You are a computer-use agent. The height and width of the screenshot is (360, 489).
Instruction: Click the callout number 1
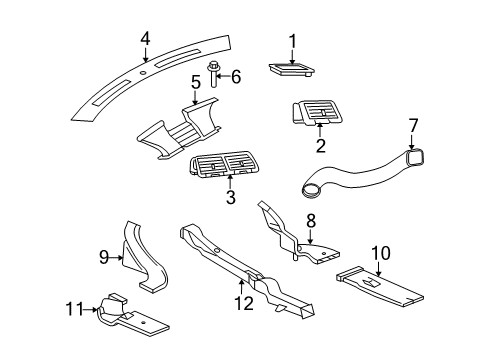293,40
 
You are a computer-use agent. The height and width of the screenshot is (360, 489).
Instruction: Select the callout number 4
144,39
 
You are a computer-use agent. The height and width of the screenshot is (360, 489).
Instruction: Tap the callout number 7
412,127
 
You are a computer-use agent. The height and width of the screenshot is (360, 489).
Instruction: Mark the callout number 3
230,197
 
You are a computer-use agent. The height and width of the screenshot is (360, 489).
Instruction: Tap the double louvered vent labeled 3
231,168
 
